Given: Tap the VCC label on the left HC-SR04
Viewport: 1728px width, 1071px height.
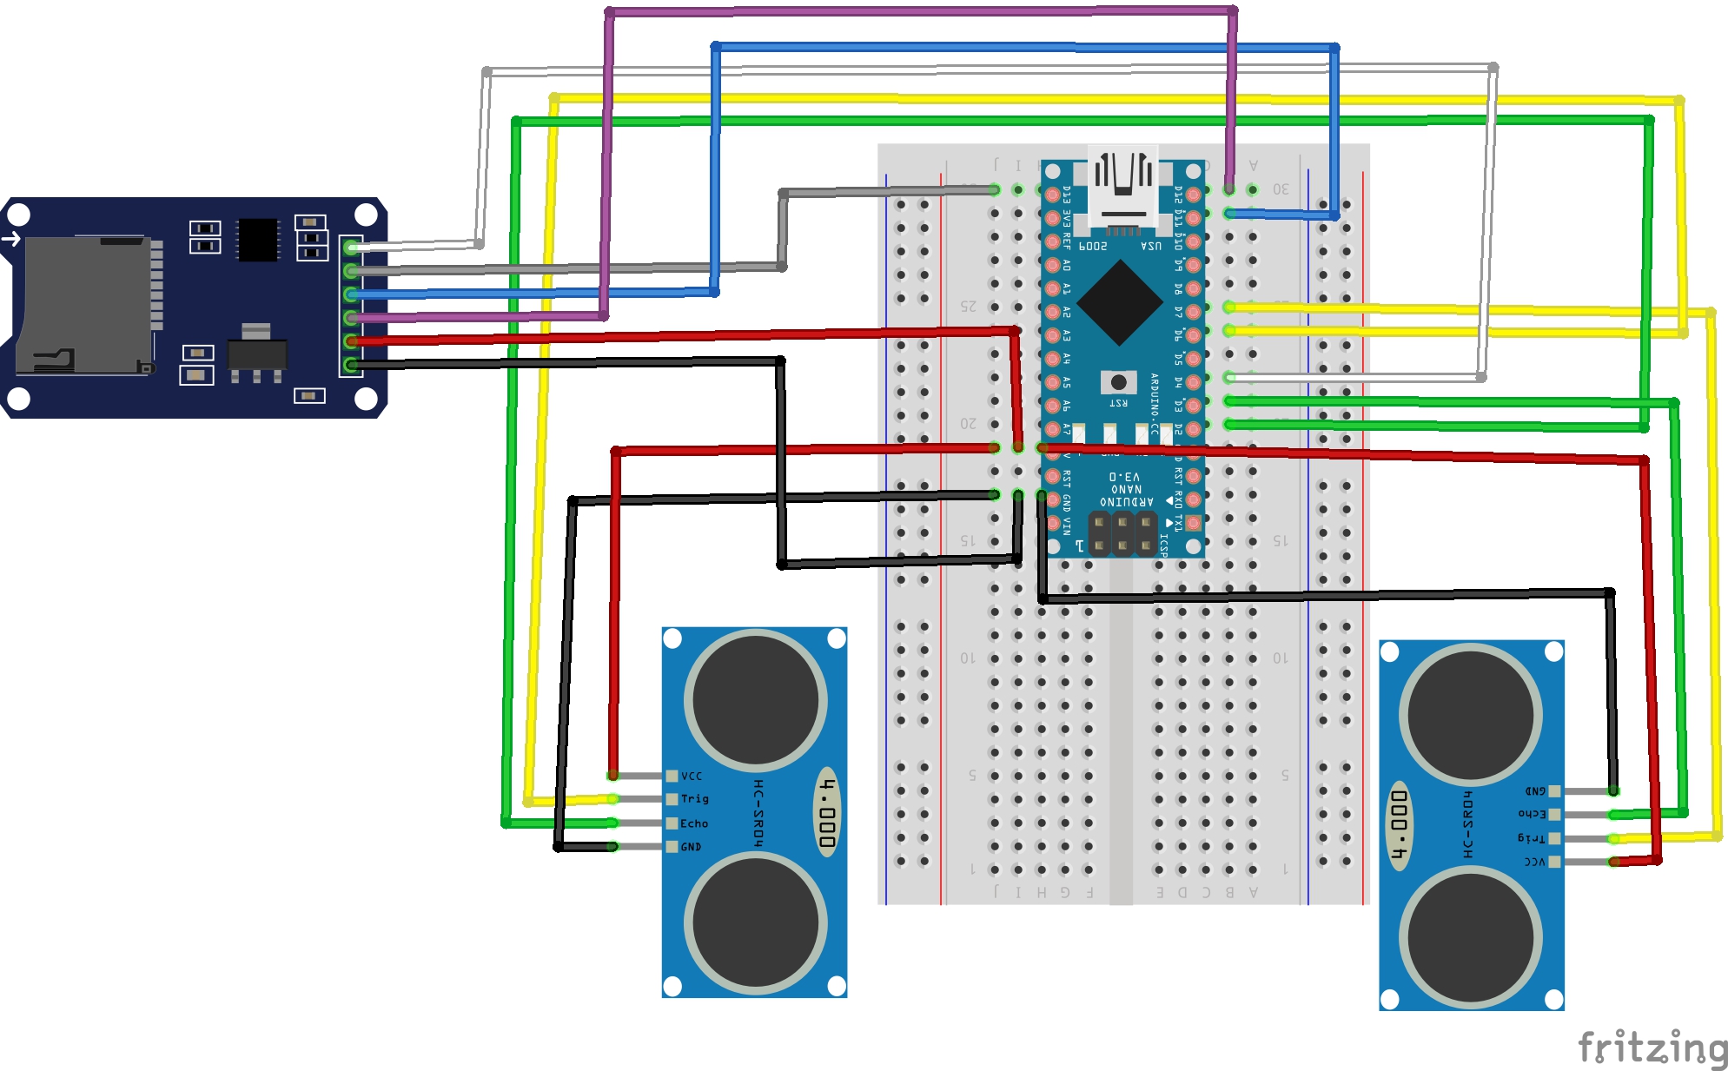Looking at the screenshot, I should pos(691,776).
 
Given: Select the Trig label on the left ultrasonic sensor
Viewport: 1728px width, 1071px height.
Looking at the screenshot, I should pos(694,799).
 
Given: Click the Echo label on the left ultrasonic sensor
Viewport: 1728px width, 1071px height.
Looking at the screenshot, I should pos(693,823).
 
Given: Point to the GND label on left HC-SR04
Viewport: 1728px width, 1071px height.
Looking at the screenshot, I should pos(691,846).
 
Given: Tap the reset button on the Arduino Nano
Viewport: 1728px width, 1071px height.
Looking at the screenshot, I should pos(1118,382).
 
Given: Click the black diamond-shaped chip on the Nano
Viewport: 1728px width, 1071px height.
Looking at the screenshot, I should pos(1120,301).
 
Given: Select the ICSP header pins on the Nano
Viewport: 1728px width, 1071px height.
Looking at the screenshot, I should pos(1122,533).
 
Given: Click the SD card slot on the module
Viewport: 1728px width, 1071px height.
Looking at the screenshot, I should pos(87,304).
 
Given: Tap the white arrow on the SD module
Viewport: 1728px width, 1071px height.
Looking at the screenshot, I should pos(12,238).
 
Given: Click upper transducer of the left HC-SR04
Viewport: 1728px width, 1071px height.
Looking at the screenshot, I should pos(755,700).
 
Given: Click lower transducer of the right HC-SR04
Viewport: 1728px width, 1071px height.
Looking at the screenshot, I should pos(1471,937).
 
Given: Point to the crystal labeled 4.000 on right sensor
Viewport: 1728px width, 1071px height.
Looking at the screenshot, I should pos(1399,823).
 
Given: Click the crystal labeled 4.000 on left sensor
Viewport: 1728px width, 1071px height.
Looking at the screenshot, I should pos(828,812).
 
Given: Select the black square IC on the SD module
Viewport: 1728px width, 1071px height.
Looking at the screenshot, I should pos(258,239).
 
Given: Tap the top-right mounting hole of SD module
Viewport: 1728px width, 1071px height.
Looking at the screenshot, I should pos(366,214).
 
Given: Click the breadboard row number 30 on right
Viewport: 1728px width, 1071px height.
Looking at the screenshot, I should pos(1281,188).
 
